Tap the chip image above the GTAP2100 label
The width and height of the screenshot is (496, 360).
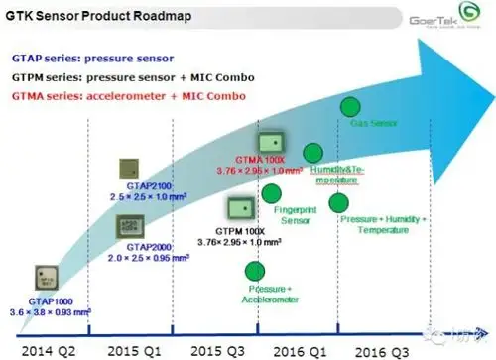pyautogui.click(x=132, y=169)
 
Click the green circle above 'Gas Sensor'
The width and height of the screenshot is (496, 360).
pyautogui.click(x=350, y=106)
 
